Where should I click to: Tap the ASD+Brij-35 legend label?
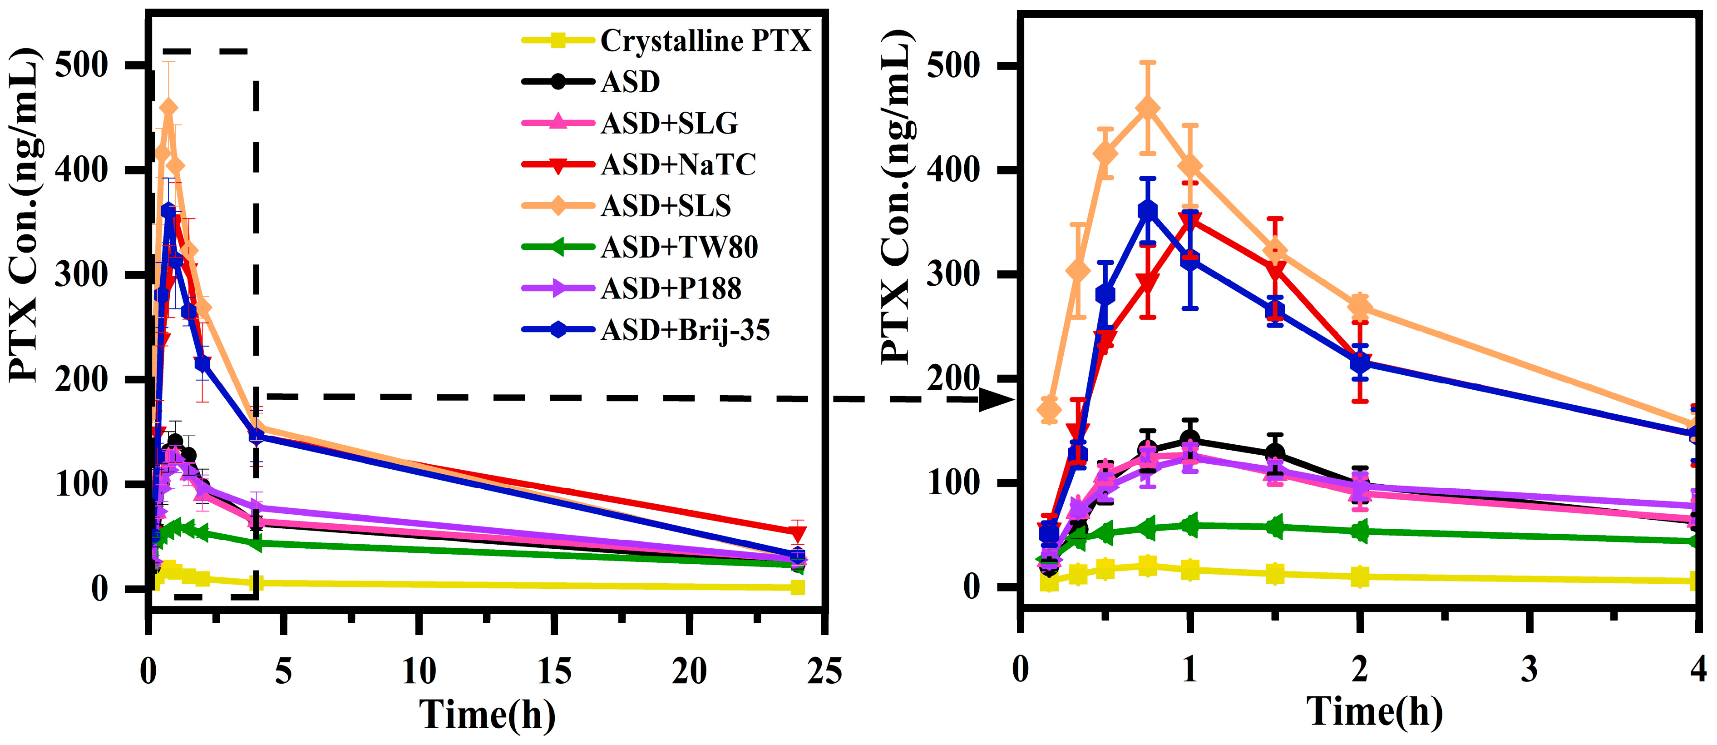click(x=685, y=330)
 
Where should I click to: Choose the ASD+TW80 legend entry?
click(x=679, y=248)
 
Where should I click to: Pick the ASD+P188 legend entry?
click(x=671, y=289)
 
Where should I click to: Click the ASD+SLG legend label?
click(x=669, y=124)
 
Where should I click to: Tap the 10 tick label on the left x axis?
click(x=419, y=671)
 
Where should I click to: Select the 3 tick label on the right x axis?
click(x=1529, y=670)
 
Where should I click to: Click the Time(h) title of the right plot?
click(x=1374, y=712)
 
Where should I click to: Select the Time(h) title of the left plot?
click(x=487, y=715)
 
